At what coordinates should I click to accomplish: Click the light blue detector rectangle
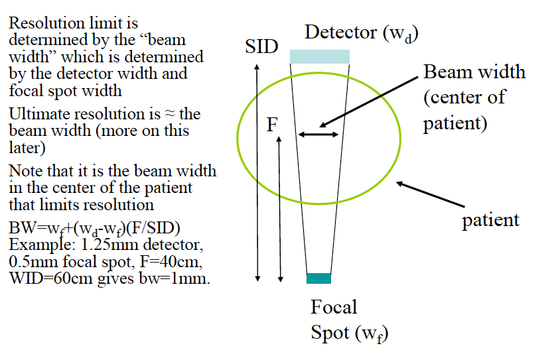coord(320,56)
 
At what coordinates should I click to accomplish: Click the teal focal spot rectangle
coord(318,278)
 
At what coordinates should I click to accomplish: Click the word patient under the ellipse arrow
coord(490,220)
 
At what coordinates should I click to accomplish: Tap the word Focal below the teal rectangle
coord(334,308)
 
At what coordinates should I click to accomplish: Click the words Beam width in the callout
coord(474,72)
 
